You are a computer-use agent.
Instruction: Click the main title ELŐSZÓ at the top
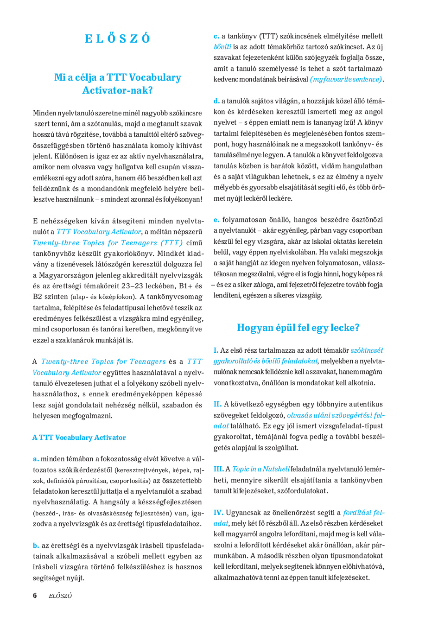(x=118, y=38)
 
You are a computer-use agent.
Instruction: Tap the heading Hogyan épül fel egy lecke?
(x=298, y=328)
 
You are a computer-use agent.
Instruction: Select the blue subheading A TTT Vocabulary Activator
(x=79, y=438)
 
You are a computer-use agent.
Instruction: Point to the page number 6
(x=35, y=596)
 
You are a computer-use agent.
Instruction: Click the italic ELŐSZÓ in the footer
(x=60, y=596)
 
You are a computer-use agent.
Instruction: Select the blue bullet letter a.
(x=36, y=459)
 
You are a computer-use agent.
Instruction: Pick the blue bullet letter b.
(x=36, y=546)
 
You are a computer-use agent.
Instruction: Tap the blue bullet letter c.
(x=216, y=36)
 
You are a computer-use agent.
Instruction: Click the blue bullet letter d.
(x=216, y=101)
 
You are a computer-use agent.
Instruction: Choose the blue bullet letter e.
(x=216, y=220)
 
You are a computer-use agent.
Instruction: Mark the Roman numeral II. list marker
(x=217, y=404)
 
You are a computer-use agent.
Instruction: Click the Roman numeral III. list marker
(x=218, y=469)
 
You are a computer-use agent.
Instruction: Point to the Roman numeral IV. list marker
(x=218, y=513)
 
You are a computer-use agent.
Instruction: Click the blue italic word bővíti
(x=222, y=47)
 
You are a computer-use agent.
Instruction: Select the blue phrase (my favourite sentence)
(x=346, y=79)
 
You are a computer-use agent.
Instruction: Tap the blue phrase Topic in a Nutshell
(x=261, y=469)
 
